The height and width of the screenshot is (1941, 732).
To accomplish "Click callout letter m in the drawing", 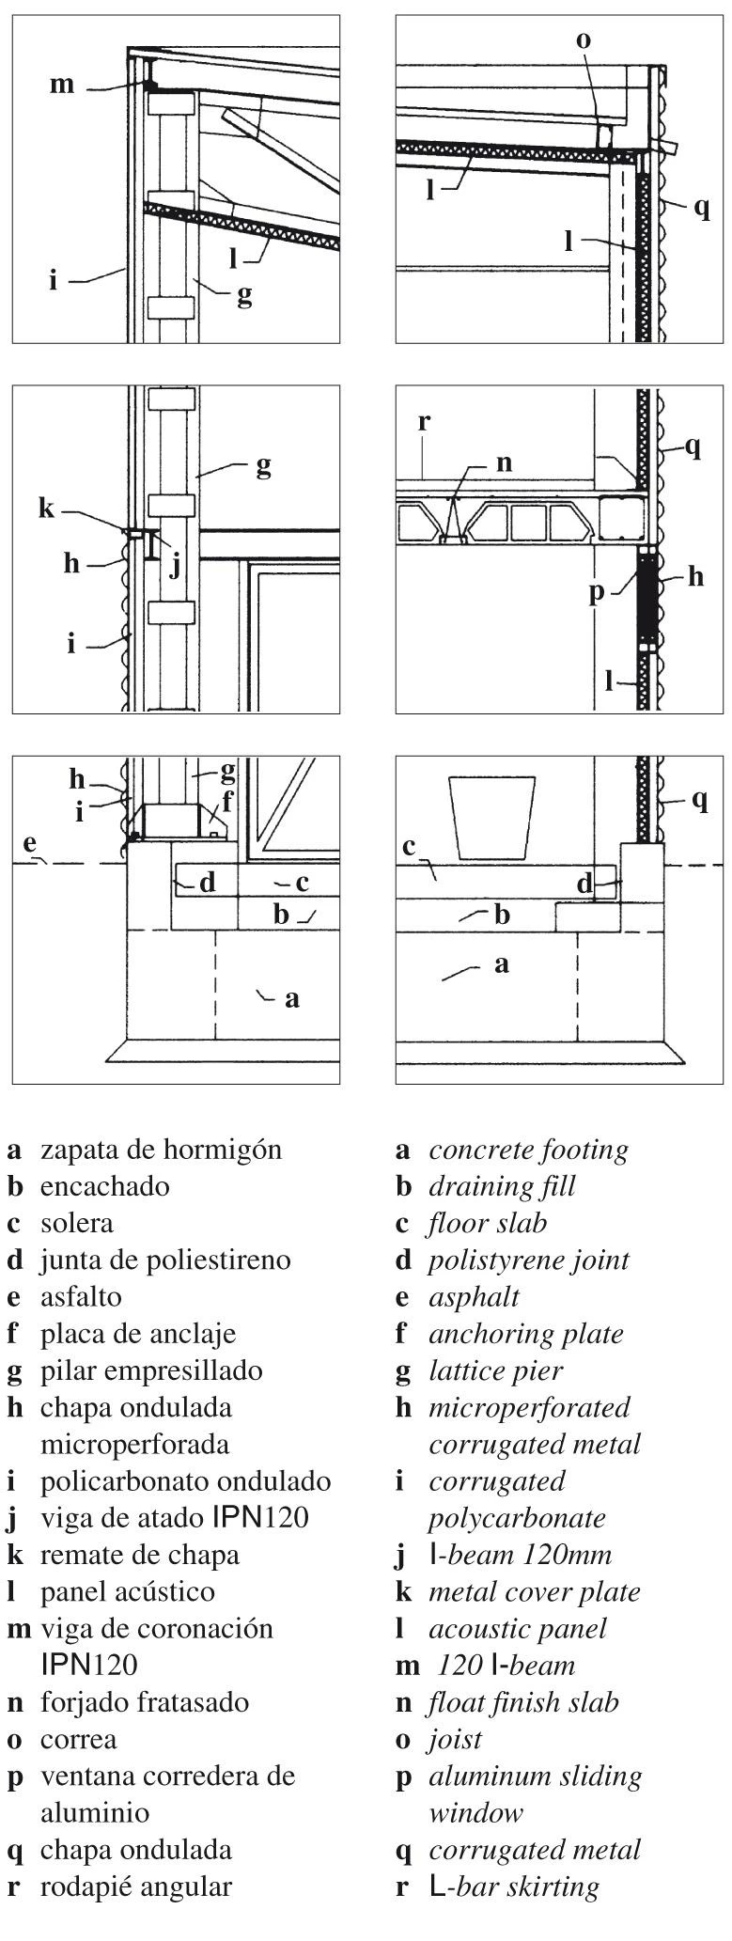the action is pyautogui.click(x=62, y=85).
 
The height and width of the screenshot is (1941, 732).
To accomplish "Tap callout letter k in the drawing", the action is pyautogui.click(x=47, y=509).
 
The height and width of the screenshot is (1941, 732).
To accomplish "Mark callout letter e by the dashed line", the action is pyautogui.click(x=30, y=843).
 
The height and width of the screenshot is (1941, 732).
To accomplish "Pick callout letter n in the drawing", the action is pyautogui.click(x=503, y=462).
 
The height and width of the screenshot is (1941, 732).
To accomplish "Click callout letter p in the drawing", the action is pyautogui.click(x=597, y=593).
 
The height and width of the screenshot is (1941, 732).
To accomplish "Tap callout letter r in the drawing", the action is pyautogui.click(x=424, y=421).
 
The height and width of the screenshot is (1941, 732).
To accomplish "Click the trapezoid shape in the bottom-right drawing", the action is pyautogui.click(x=492, y=816).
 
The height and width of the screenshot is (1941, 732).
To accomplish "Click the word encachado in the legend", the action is pyautogui.click(x=105, y=1186).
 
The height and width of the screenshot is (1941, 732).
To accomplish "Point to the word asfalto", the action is pyautogui.click(x=81, y=1296).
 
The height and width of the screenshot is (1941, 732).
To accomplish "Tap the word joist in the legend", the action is pyautogui.click(x=455, y=1740).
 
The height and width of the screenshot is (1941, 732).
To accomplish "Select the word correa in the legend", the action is pyautogui.click(x=79, y=1740).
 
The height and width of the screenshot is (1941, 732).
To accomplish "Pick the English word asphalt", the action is pyautogui.click(x=474, y=1298).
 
